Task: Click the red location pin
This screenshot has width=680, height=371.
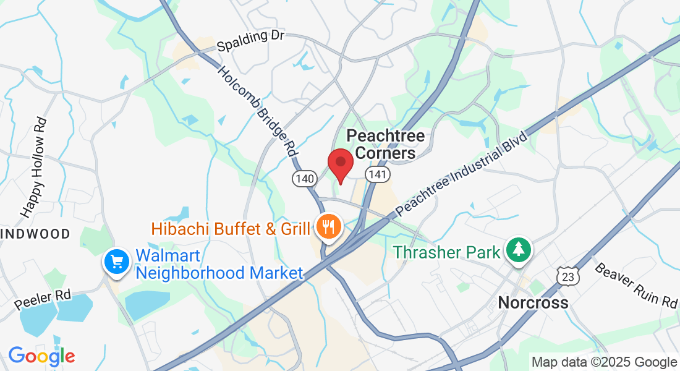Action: [340, 163]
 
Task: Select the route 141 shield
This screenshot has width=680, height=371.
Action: [377, 175]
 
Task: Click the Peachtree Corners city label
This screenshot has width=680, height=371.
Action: [386, 143]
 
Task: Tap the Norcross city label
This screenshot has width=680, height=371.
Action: [533, 303]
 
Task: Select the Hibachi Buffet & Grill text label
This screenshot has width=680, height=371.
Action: [231, 229]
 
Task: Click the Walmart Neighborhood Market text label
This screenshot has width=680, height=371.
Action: [219, 264]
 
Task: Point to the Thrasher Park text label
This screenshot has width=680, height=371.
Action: [445, 252]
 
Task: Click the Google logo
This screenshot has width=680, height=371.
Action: [41, 356]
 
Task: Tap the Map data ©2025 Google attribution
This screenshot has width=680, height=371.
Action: [604, 362]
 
